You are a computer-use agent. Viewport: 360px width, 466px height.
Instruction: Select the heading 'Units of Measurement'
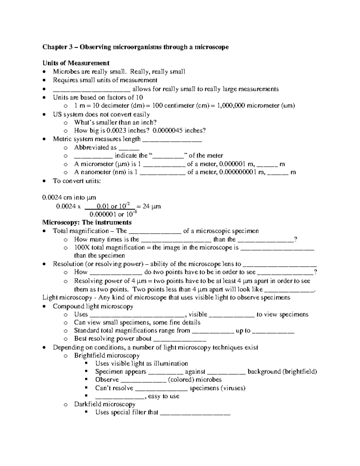coord(76,63)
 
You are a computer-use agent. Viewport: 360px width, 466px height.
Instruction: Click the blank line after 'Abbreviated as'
coord(129,148)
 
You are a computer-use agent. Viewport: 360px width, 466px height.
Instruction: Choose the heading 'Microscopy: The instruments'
coord(87,223)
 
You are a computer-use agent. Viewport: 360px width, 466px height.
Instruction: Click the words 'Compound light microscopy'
coord(93,306)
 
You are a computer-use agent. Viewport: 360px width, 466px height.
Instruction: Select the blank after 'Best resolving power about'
coord(179,339)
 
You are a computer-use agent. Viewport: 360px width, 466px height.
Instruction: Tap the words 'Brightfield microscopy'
coord(107,356)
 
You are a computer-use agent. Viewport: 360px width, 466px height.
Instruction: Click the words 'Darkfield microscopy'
coord(105,404)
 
